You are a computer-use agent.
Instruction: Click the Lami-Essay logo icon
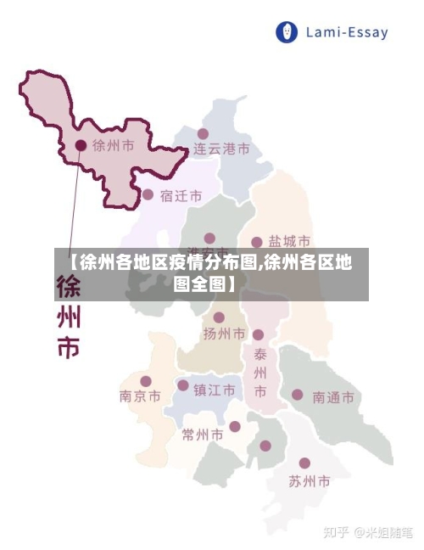pos(288,33)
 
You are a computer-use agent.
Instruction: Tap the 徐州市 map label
pos(113,145)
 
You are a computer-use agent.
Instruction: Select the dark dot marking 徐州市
pos(81,145)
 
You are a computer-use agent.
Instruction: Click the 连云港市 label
pos(221,149)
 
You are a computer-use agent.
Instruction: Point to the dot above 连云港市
pos(204,133)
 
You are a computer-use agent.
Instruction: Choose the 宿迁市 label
pos(181,195)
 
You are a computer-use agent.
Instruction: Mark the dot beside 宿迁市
pos(148,194)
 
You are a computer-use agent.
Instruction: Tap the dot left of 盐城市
pos(257,242)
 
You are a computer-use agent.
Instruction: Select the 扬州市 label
pos(224,334)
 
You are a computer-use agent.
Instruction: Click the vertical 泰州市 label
pos(260,372)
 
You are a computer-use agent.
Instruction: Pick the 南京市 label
pos(140,396)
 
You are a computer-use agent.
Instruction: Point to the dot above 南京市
pos(146,381)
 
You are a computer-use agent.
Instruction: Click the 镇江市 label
pos(214,390)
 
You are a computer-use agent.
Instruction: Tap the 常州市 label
pos(203,435)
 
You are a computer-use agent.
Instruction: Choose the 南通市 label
pos(333,396)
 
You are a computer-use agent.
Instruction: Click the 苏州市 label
pos(309,481)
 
